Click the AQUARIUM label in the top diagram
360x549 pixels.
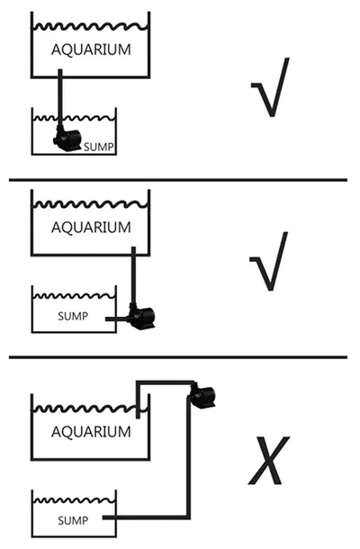91,49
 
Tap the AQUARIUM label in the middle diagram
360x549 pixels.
91,228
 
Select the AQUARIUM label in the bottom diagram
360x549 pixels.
91,432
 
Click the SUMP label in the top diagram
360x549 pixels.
99,147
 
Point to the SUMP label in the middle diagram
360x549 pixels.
73,316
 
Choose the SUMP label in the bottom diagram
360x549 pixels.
73,520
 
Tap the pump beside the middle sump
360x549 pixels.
141,317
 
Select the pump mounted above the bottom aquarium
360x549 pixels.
202,395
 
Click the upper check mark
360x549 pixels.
270,88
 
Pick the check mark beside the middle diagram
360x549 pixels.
269,262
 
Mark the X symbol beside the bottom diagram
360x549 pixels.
269,460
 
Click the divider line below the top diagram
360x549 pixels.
178,180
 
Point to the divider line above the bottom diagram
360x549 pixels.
178,357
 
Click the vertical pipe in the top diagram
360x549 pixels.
60,99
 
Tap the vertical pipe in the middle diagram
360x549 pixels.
133,275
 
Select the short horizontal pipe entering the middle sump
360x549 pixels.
118,319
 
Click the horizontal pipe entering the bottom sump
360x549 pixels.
144,517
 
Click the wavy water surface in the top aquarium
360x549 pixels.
90,27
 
